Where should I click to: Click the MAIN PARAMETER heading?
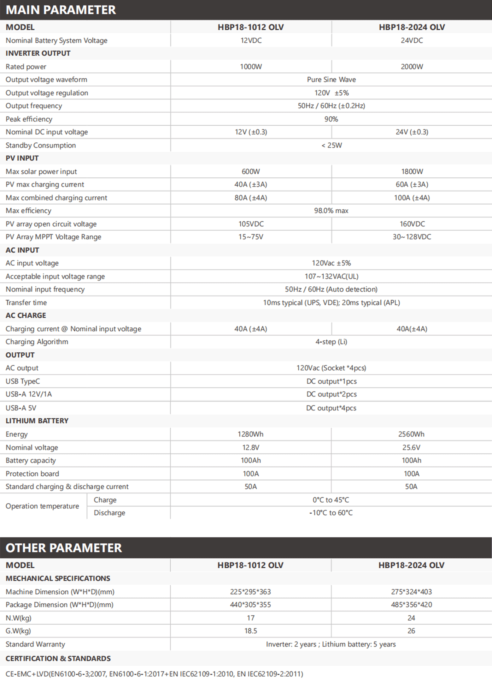tap(61, 10)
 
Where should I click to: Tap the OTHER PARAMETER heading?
tap(64, 548)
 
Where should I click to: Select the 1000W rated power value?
tap(251, 67)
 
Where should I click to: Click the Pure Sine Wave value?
tap(331, 80)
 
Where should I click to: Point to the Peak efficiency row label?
tap(29, 119)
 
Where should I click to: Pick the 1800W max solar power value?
tap(412, 171)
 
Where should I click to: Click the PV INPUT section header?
tap(22, 158)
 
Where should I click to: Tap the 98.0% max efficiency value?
tap(331, 211)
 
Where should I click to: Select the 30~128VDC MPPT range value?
tap(412, 237)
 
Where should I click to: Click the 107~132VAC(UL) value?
tap(331, 276)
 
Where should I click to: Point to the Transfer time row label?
tap(26, 302)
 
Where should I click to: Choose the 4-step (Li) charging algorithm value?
tap(331, 342)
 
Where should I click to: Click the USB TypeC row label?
tap(23, 381)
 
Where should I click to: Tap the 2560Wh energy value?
tap(411, 434)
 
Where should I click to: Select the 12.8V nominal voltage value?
tap(251, 447)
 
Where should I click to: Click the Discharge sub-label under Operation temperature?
tap(109, 513)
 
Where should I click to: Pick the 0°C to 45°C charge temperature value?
tap(331, 500)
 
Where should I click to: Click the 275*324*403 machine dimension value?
tap(411, 592)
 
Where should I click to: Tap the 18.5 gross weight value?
tap(251, 631)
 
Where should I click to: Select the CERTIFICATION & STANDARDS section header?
tap(58, 658)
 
